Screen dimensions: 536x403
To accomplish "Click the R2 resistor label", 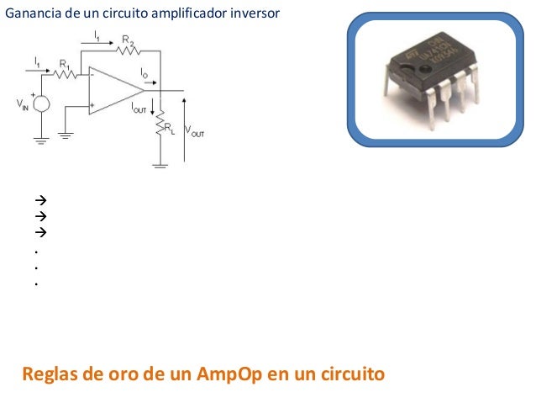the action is (x=129, y=39).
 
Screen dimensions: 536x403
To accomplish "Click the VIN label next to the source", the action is (x=22, y=105).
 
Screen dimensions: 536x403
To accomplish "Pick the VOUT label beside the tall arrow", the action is (x=195, y=132).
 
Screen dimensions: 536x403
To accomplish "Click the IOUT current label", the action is (x=139, y=109).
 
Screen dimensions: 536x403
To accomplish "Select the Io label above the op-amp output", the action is (x=145, y=74).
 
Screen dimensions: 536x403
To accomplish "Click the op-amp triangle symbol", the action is (x=116, y=90).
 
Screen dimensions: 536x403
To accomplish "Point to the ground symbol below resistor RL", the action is (x=160, y=165).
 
